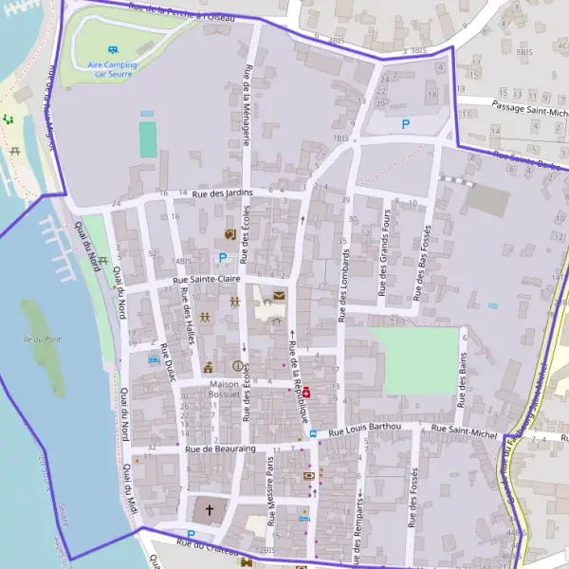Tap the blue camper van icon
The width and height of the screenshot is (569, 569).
click(x=113, y=48)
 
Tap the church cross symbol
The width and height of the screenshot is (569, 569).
click(x=210, y=510)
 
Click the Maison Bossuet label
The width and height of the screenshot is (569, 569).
click(x=225, y=390)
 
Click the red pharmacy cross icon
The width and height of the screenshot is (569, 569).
click(x=305, y=393)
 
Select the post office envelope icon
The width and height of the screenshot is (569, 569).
click(x=279, y=296)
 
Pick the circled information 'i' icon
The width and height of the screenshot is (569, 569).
click(x=237, y=366)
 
